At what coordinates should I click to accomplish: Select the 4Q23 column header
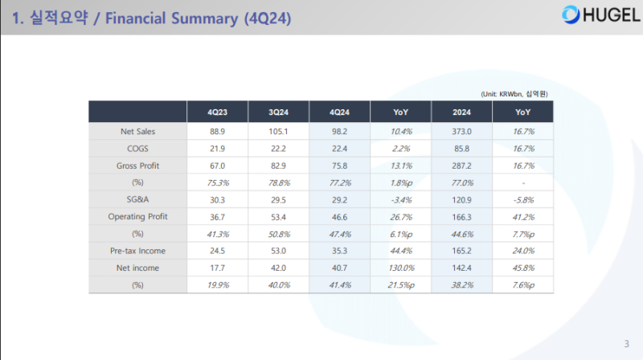coord(216,112)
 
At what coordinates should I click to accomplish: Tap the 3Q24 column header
coord(278,112)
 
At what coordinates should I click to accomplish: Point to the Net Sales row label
coord(137,130)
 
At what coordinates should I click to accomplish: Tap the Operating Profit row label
coord(137,217)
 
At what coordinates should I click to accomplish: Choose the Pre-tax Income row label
coord(137,252)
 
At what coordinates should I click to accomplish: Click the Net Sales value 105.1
coord(278,130)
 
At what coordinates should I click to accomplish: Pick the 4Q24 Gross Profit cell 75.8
coord(338,165)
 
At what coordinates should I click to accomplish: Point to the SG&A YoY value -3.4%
coord(399,199)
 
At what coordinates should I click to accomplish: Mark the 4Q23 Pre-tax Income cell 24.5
coord(216,252)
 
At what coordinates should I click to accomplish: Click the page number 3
coord(626,344)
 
